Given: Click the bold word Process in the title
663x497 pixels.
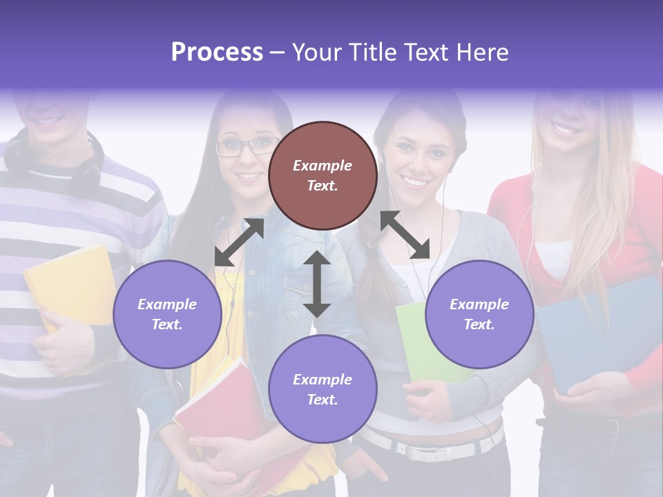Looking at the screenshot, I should [x=217, y=52].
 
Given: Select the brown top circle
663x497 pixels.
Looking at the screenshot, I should [x=323, y=175].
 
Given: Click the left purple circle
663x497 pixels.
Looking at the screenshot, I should [x=167, y=314].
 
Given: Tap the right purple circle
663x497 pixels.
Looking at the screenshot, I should [x=479, y=314].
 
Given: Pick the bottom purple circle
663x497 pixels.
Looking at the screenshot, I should [x=323, y=389].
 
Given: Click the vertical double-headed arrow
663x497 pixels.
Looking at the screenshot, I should [x=317, y=284].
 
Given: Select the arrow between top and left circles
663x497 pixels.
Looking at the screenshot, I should [x=239, y=242].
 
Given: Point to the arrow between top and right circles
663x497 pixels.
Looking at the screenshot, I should [x=405, y=235].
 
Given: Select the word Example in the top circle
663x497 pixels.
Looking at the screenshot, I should [x=323, y=166].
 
